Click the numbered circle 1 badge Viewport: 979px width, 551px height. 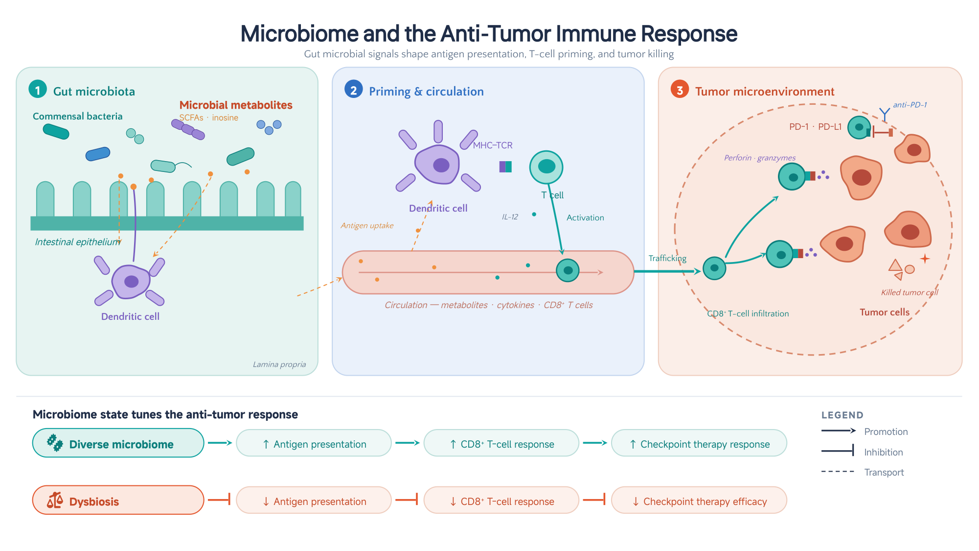(38, 90)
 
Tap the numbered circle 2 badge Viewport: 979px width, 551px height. (353, 90)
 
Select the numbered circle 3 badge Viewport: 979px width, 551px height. (680, 90)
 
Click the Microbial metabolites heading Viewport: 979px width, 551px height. (236, 105)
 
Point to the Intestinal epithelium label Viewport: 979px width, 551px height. (78, 242)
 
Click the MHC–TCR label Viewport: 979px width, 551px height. (493, 145)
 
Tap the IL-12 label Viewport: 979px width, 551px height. (510, 217)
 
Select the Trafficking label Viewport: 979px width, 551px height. (667, 258)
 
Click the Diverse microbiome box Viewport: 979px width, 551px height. (118, 443)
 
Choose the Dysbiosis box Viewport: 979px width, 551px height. (118, 500)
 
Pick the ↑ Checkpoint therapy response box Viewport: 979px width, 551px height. (699, 443)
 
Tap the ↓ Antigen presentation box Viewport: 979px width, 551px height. (314, 500)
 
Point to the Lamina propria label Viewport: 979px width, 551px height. (279, 364)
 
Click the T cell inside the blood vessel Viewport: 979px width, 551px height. (568, 270)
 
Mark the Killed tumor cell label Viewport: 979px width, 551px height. (910, 292)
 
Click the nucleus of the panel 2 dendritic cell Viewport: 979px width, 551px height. (441, 165)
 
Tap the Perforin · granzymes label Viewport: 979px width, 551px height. (760, 158)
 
